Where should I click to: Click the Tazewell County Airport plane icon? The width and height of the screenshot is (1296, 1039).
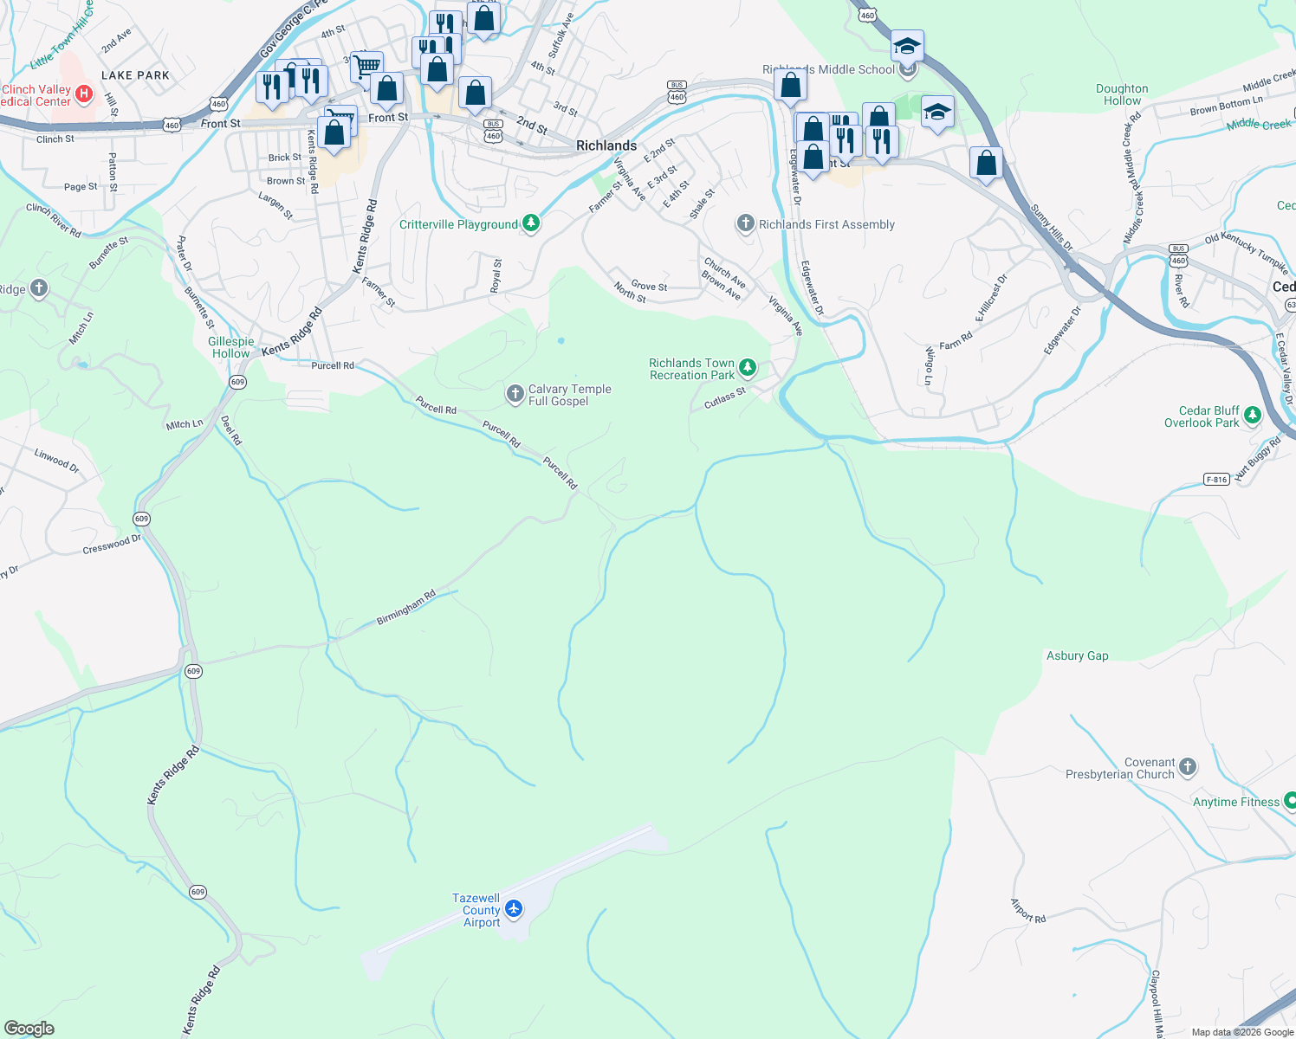(x=514, y=908)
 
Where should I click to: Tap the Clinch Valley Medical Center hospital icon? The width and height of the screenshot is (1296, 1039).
(x=84, y=94)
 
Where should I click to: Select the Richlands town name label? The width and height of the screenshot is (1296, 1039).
(x=606, y=145)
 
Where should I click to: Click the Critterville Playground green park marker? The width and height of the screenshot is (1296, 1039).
(x=531, y=223)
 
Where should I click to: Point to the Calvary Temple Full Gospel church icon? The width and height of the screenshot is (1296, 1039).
(x=515, y=395)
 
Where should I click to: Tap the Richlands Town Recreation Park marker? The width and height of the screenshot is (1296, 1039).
(x=747, y=369)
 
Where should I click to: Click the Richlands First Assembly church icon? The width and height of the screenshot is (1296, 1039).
(x=745, y=223)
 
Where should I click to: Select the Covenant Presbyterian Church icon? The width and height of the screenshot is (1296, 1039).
(x=1188, y=766)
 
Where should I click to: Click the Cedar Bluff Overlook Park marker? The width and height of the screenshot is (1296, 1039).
(x=1252, y=416)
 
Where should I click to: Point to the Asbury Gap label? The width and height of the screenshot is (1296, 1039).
(x=1077, y=655)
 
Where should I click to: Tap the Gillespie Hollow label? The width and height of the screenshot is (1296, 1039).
(x=230, y=347)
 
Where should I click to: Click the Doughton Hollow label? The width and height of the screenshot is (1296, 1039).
(x=1122, y=94)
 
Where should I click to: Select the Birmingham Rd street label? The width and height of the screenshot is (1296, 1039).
(x=405, y=608)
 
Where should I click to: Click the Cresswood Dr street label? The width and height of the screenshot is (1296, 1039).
(x=111, y=545)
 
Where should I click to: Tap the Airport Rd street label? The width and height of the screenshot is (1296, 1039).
(x=1028, y=910)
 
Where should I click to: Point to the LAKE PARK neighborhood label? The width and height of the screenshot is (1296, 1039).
(x=135, y=75)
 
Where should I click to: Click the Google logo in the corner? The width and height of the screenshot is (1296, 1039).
(x=29, y=1029)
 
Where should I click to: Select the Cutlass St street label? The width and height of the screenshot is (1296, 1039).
(x=724, y=398)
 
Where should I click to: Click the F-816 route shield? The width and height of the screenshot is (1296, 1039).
(x=1216, y=479)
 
